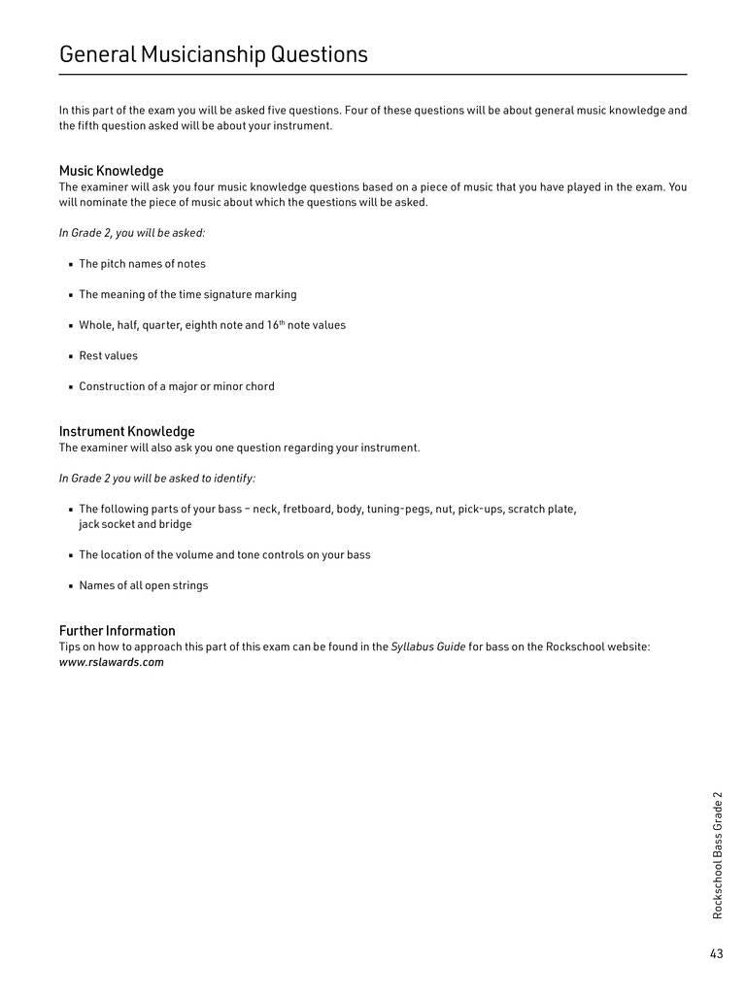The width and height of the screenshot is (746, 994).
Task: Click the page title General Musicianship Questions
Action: pyautogui.click(x=214, y=54)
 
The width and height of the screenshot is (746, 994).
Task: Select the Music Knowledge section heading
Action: pyautogui.click(x=111, y=171)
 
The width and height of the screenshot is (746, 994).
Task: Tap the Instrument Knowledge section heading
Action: pyautogui.click(x=126, y=431)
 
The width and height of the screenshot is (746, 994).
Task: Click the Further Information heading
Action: pyautogui.click(x=117, y=630)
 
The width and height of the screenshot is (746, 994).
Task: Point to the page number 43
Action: pyautogui.click(x=716, y=953)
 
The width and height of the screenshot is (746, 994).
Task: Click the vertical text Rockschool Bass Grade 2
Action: pyautogui.click(x=718, y=854)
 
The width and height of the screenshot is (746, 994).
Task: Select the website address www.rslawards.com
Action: pyautogui.click(x=111, y=662)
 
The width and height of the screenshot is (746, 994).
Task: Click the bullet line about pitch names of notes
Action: pyautogui.click(x=142, y=264)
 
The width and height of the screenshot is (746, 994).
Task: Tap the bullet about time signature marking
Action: pyautogui.click(x=187, y=294)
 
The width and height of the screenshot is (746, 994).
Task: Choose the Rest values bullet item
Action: pyautogui.click(x=108, y=355)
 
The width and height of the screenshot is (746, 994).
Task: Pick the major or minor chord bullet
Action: pyautogui.click(x=177, y=386)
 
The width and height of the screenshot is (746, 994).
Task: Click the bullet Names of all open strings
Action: pyautogui.click(x=143, y=585)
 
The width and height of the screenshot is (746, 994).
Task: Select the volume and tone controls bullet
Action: pyautogui.click(x=224, y=555)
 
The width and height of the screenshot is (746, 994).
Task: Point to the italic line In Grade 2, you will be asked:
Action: pyautogui.click(x=132, y=233)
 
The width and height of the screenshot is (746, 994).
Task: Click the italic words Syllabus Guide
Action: pyautogui.click(x=427, y=646)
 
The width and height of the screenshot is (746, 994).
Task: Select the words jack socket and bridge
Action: pyautogui.click(x=135, y=524)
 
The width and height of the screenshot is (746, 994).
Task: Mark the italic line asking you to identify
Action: pyautogui.click(x=157, y=478)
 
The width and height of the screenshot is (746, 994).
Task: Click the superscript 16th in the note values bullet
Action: pyautogui.click(x=276, y=324)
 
